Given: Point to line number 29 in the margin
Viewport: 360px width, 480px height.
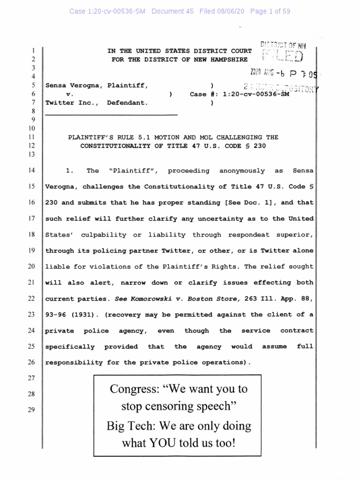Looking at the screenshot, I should click(31, 410).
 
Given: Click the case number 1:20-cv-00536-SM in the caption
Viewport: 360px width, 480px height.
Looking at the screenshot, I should click(253, 94).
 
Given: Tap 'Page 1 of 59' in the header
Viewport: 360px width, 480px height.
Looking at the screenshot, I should click(270, 11).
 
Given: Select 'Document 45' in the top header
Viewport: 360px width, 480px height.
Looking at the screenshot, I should click(172, 11).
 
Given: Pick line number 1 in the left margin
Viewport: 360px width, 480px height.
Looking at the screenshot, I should click(33, 51).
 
